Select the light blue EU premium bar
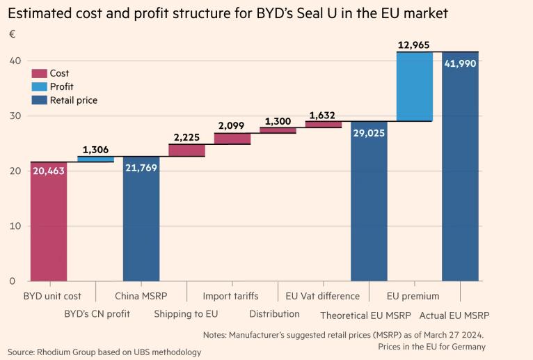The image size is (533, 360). tap(415, 86)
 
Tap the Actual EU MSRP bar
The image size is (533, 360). tap(460, 167)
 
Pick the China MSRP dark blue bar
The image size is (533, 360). tap(141, 219)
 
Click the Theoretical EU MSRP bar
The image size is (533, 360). tap(369, 201)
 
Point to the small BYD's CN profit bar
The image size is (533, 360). tap(95, 159)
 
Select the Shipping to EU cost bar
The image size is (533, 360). tap(186, 150)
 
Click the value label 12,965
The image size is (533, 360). tap(414, 45)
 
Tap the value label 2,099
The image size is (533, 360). tap(232, 126)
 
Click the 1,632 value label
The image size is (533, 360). tap(323, 115)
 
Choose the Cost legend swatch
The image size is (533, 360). tap(39, 73)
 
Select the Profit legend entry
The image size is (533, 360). tap(62, 87)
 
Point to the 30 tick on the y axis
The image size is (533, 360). tap(14, 116)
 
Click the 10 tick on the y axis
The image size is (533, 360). tap(14, 226)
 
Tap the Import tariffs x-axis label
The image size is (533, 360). tap(230, 296)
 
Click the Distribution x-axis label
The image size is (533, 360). tap(274, 314)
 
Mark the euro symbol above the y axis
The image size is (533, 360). tap(11, 34)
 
